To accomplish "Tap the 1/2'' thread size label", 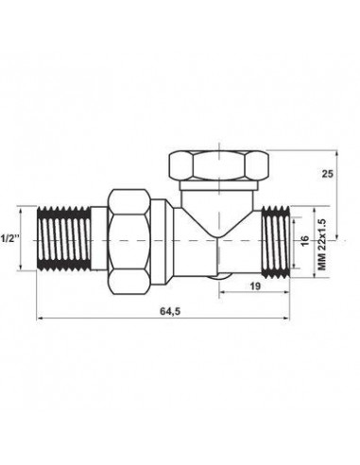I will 10,236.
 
